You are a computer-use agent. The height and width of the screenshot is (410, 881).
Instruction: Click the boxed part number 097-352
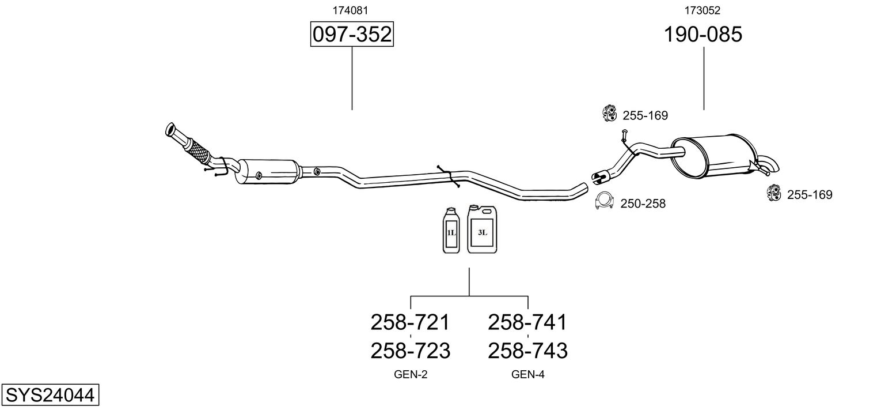click(x=352, y=35)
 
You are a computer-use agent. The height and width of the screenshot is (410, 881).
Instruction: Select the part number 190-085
click(x=703, y=35)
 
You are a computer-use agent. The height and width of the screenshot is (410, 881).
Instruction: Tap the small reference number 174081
click(x=351, y=10)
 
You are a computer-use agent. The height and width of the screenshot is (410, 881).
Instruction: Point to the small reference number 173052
click(x=702, y=10)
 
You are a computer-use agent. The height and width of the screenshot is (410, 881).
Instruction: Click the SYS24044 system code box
click(x=50, y=396)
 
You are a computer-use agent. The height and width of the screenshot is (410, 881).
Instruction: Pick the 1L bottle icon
click(x=451, y=230)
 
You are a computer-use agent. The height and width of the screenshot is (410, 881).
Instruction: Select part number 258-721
click(x=410, y=322)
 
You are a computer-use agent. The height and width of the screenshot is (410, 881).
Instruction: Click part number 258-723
click(x=410, y=350)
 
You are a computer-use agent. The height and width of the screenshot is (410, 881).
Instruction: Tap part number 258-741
click(x=527, y=322)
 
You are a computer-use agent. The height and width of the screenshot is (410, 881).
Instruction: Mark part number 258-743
click(x=527, y=350)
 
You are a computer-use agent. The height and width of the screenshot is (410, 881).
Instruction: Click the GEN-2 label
click(x=411, y=375)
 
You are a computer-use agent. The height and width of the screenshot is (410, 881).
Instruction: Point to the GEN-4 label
click(x=528, y=375)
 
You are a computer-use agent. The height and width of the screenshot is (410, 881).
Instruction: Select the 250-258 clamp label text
click(x=643, y=204)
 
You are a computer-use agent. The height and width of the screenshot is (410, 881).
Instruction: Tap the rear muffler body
click(x=717, y=156)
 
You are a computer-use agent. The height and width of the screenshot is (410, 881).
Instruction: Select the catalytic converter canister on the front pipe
click(x=269, y=172)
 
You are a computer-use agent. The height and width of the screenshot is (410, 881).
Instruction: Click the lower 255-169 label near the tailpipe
click(x=810, y=195)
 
